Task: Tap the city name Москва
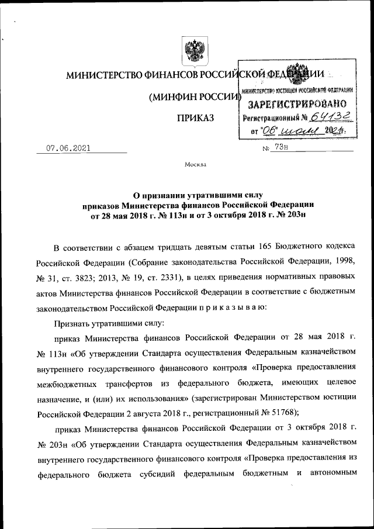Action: click(195, 165)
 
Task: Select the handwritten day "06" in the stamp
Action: click(269, 132)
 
